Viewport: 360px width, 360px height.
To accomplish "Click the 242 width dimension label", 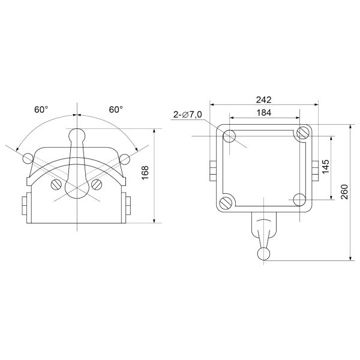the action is tap(263, 100).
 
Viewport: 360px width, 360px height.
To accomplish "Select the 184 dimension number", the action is tap(264, 113).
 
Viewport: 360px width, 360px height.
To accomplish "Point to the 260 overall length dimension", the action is tap(344, 192).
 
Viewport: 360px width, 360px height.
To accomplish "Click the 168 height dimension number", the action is tap(145, 173).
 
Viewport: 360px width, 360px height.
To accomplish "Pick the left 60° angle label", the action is tap(41, 110).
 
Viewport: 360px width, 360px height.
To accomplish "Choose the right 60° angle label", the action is tap(116, 110).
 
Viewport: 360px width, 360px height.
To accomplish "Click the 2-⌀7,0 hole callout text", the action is tap(187, 115).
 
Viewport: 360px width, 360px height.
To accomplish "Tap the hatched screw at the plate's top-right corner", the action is tap(302, 133).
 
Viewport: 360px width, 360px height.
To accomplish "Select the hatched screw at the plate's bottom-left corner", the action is tap(226, 203).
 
